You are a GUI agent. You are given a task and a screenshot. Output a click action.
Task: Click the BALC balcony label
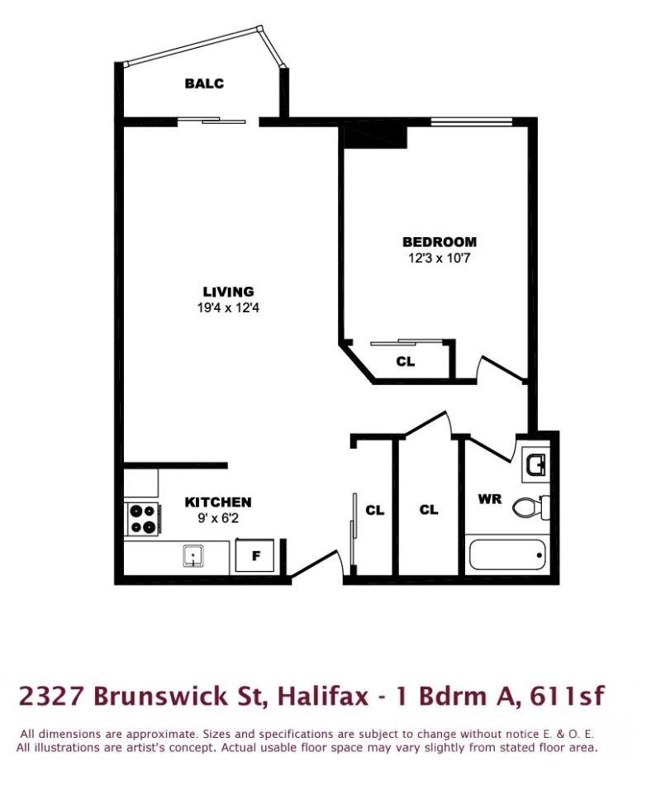204,83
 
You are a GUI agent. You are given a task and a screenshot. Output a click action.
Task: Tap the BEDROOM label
440,242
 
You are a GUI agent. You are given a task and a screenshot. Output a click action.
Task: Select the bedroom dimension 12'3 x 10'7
440,259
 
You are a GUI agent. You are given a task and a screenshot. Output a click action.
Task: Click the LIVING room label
228,292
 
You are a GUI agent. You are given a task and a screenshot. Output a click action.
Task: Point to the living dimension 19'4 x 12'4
228,308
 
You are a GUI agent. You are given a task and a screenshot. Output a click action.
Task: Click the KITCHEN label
218,502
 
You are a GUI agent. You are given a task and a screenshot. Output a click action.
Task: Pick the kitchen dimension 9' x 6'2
218,518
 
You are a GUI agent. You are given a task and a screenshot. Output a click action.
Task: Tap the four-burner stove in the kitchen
142,519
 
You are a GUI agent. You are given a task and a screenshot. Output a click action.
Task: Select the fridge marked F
254,555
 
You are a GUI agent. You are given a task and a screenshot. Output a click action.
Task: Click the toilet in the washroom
530,507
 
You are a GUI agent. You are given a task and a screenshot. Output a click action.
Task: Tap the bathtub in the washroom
506,554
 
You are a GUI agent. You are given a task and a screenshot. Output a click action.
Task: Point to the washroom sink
535,464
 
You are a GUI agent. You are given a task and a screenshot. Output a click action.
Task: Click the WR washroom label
489,499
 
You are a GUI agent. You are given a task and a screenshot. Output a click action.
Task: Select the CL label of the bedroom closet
405,361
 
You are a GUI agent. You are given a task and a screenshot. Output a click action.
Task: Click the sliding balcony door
212,120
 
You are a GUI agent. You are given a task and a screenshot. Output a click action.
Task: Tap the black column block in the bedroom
375,137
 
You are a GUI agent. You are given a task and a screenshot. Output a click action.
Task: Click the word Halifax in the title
323,696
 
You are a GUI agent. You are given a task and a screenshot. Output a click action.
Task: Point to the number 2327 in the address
51,697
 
